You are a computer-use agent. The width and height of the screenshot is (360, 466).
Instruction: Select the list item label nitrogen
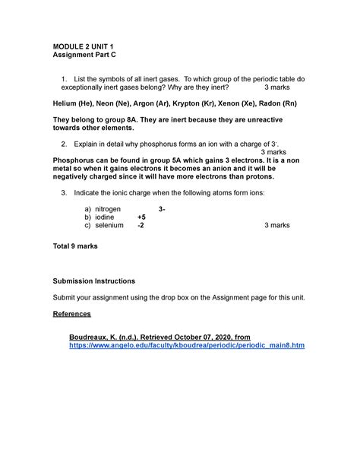[107, 208]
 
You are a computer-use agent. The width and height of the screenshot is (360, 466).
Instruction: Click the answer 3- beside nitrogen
[163, 208]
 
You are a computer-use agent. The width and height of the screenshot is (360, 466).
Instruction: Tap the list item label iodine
[103, 217]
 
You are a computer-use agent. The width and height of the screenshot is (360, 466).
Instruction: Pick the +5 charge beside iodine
[141, 217]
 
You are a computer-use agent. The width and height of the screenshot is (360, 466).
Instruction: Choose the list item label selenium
[108, 226]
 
